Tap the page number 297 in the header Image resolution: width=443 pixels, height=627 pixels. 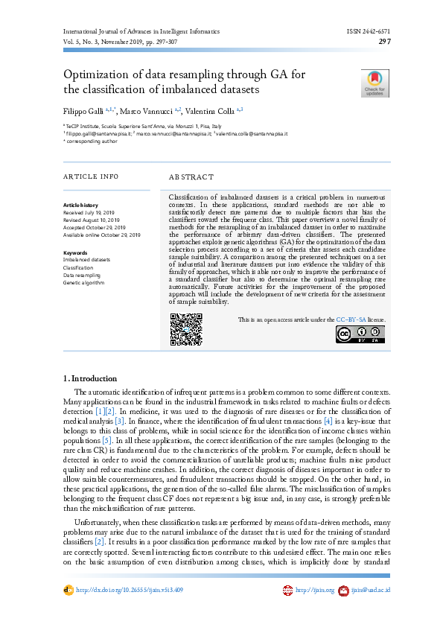pyautogui.click(x=385, y=42)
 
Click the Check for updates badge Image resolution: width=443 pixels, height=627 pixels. pyautogui.click(x=375, y=83)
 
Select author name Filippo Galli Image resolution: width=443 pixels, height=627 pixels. pyautogui.click(x=81, y=110)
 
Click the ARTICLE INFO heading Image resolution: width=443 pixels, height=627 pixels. pyautogui.click(x=91, y=176)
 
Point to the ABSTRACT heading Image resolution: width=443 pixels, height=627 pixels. pyautogui.click(x=191, y=177)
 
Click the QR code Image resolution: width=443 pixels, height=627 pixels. pyautogui.click(x=186, y=329)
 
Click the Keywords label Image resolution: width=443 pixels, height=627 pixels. pyautogui.click(x=75, y=252)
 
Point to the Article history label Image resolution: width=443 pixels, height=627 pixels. pyautogui.click(x=80, y=204)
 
